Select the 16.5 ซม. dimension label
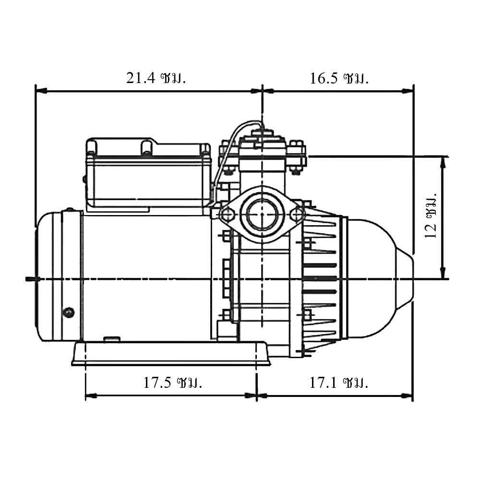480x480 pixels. point(339,78)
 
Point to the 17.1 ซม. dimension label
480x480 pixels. point(338,383)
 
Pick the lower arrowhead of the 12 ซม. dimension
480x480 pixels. point(443,274)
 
